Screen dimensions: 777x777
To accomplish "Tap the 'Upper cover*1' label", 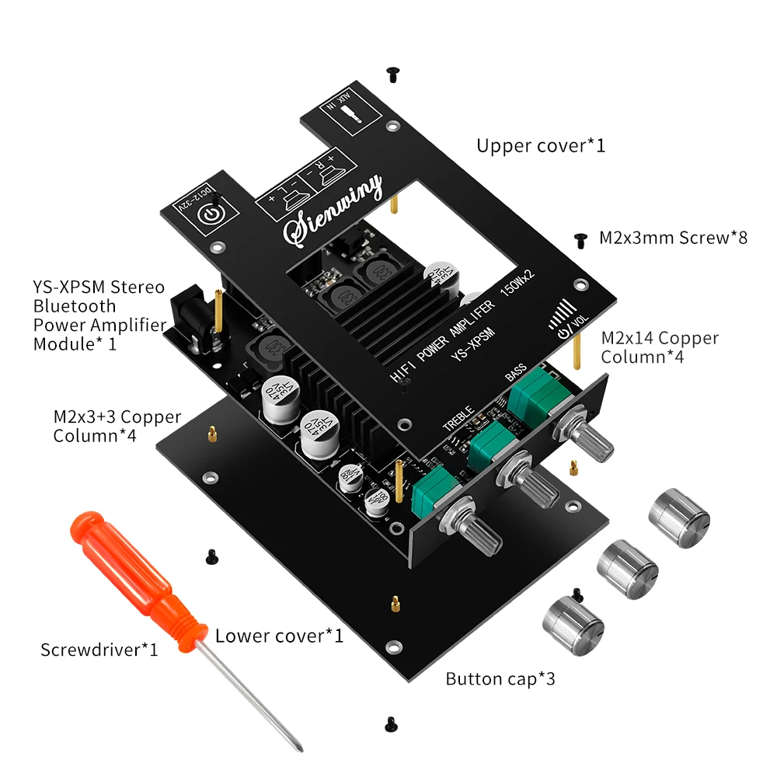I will pyautogui.click(x=540, y=145).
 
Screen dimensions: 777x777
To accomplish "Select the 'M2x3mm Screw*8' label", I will pyautogui.click(x=673, y=238).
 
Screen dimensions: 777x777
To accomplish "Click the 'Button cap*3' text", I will pyautogui.click(x=500, y=678).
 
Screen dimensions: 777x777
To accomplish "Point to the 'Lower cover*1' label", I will pyautogui.click(x=279, y=636).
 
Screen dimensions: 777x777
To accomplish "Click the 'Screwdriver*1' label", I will pyautogui.click(x=99, y=649).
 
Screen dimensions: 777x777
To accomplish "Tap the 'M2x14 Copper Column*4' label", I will pyautogui.click(x=660, y=347).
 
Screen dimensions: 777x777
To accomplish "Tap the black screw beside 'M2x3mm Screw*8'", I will pyautogui.click(x=579, y=239).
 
